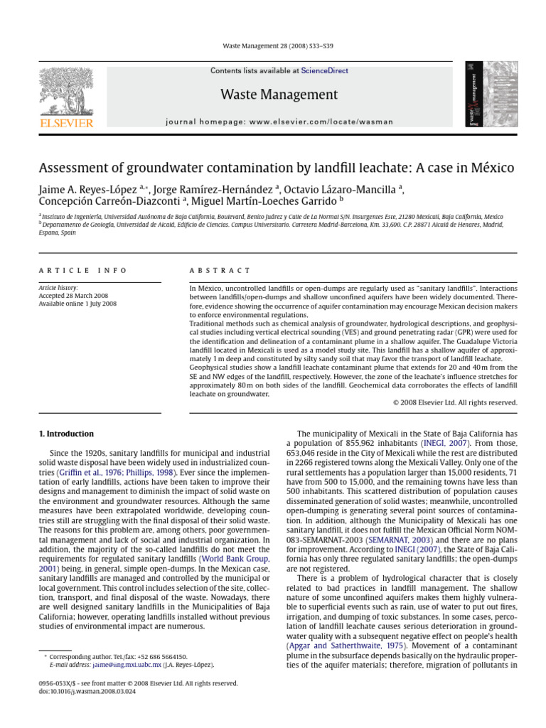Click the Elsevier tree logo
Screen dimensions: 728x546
(66, 90)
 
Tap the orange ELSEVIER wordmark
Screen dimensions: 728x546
(66, 123)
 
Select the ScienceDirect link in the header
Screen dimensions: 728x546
(324, 71)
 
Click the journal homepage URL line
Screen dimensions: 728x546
(279, 122)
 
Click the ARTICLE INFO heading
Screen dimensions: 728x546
(82, 271)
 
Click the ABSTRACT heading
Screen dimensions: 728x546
(220, 271)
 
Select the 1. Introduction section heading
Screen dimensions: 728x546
(65, 434)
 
